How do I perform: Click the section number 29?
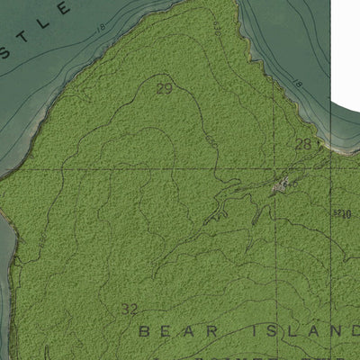click(x=164, y=88)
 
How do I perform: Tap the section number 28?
click(x=303, y=144)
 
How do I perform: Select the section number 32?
click(x=130, y=309)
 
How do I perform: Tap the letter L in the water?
click(x=63, y=9)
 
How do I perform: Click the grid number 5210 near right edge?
click(x=340, y=214)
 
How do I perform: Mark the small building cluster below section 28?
click(x=281, y=186)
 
